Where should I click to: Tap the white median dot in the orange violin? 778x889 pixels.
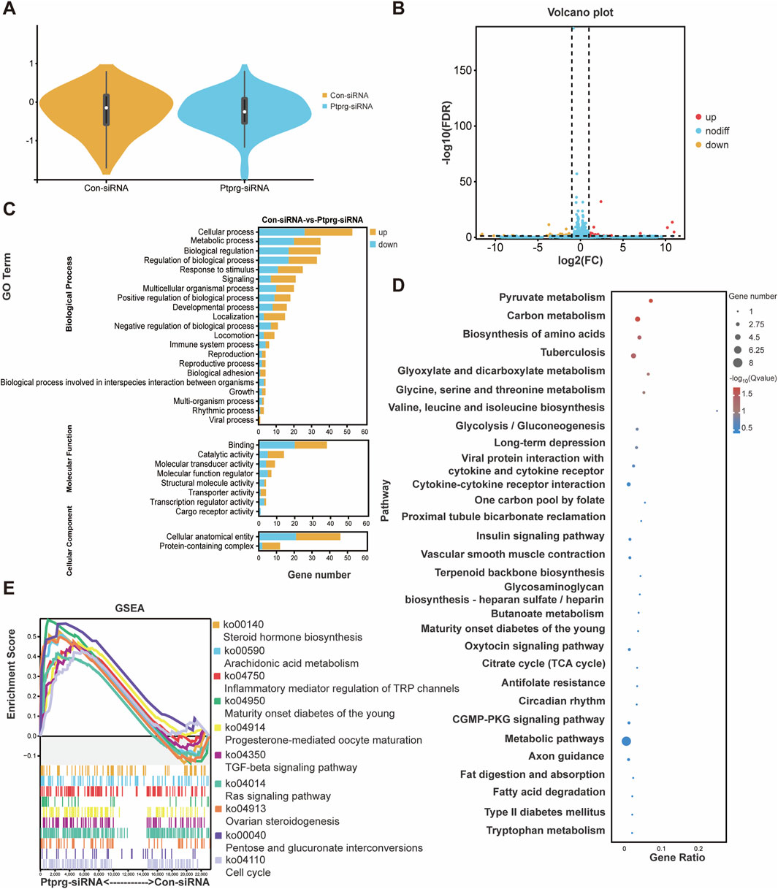(x=106, y=108)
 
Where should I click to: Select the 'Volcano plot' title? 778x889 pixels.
(x=581, y=12)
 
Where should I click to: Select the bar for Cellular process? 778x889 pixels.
(x=306, y=232)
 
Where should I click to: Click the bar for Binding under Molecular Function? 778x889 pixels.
(x=293, y=445)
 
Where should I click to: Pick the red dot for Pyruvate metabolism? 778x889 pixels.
(x=650, y=301)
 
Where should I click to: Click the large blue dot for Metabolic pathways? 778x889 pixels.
(x=626, y=741)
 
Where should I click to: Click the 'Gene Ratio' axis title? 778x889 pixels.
(x=677, y=858)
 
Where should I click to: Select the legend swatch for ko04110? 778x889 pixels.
(x=216, y=861)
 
